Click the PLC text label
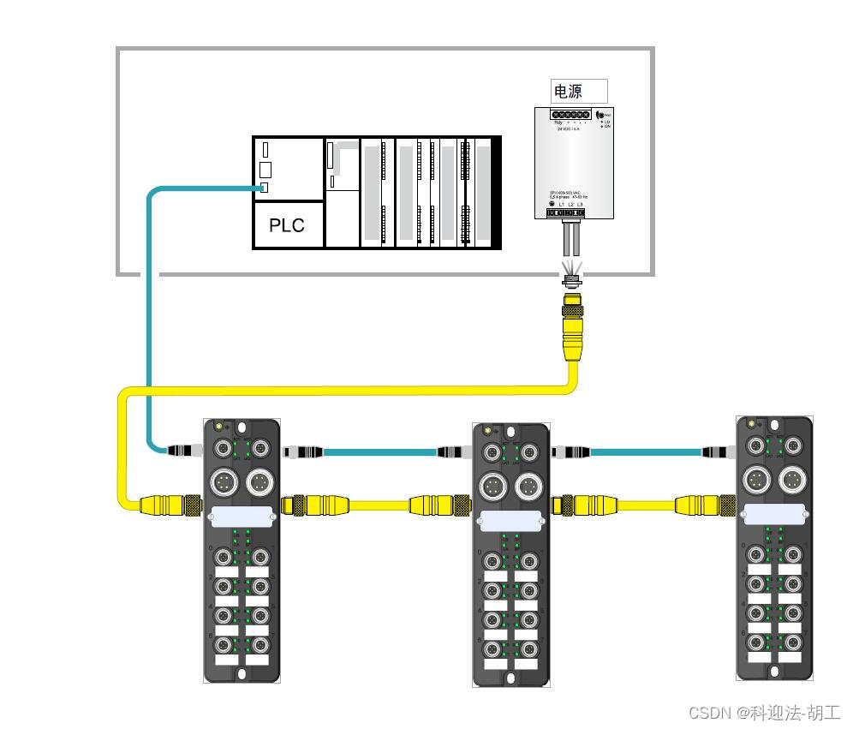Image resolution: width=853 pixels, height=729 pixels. pos(287,225)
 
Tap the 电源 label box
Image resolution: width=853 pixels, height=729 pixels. pos(578,91)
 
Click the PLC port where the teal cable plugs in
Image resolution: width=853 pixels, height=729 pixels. pos(265,188)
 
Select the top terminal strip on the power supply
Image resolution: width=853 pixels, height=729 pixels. pos(570,115)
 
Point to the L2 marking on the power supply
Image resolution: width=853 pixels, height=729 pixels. pos(571,204)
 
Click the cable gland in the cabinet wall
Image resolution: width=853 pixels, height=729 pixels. pos(570,277)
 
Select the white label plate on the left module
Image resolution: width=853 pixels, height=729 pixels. pos(241,516)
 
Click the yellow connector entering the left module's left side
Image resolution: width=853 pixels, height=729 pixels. pos(176,504)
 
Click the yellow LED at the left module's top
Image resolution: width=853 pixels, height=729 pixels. pos(219,426)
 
